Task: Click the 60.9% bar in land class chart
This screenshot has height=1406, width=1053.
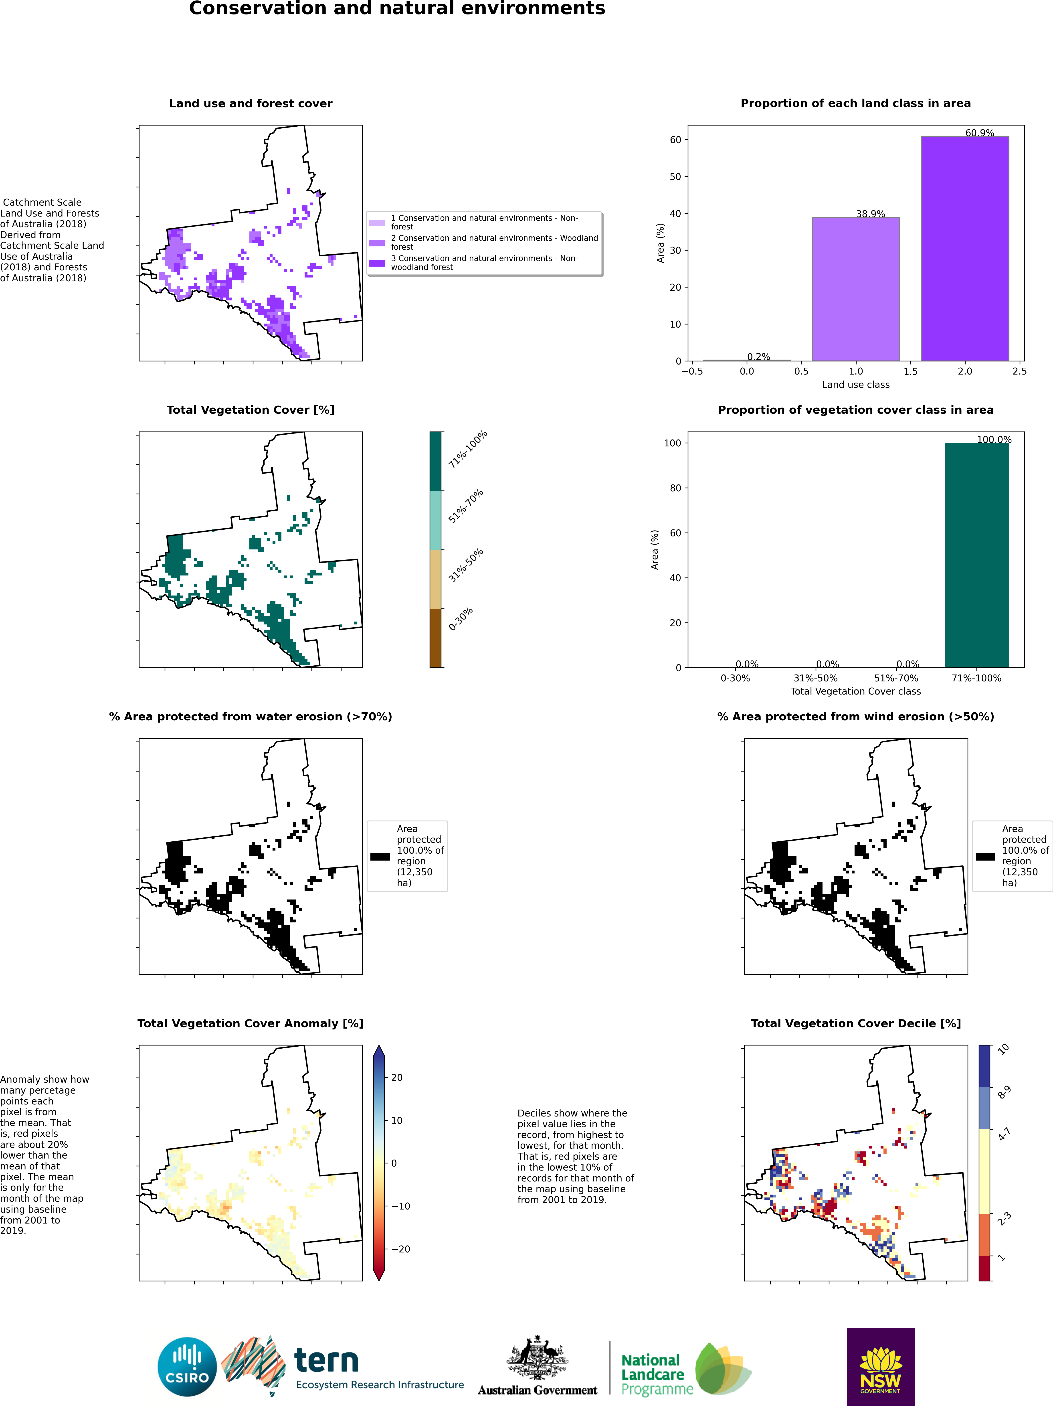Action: coord(965,248)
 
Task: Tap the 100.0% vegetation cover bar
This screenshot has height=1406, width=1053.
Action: coord(976,555)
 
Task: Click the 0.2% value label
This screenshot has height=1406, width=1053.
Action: coord(758,357)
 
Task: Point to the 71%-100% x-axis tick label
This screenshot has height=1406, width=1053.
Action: coord(976,678)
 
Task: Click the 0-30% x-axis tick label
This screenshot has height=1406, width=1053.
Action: coord(735,678)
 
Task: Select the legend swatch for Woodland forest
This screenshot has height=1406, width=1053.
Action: coord(377,243)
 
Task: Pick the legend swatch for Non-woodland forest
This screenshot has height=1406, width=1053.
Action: coord(377,263)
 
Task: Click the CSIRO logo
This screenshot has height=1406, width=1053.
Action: coord(188,1367)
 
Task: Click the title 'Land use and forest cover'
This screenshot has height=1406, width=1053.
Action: coord(250,104)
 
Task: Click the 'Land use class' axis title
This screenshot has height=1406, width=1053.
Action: coord(855,385)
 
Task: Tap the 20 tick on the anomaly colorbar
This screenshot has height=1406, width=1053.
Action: coord(396,1077)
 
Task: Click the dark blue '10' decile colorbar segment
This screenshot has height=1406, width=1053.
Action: coord(984,1065)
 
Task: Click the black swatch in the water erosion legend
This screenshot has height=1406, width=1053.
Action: coord(380,856)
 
